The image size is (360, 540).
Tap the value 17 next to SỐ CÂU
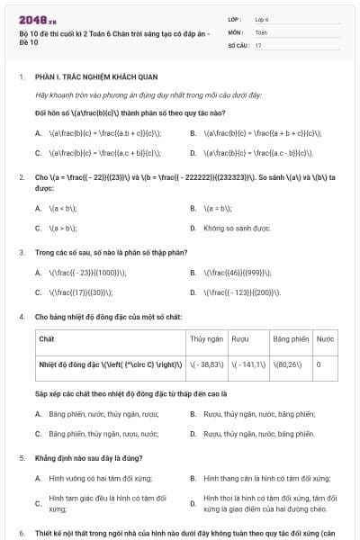tap(258, 44)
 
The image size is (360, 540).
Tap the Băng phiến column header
tap(291, 339)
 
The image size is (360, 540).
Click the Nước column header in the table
tap(325, 339)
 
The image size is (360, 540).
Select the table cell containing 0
tap(318, 365)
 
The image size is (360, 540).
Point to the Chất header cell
tap(47, 339)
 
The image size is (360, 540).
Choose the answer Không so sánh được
tap(238, 229)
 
